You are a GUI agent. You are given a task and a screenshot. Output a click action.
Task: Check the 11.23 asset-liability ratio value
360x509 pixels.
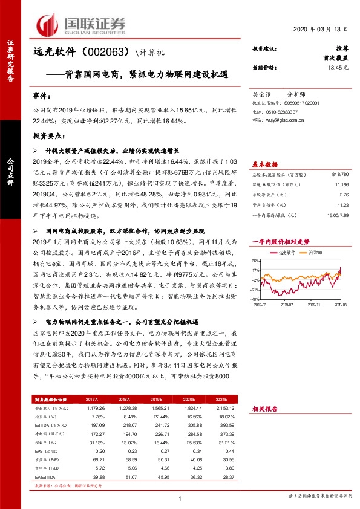tap(343, 205)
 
